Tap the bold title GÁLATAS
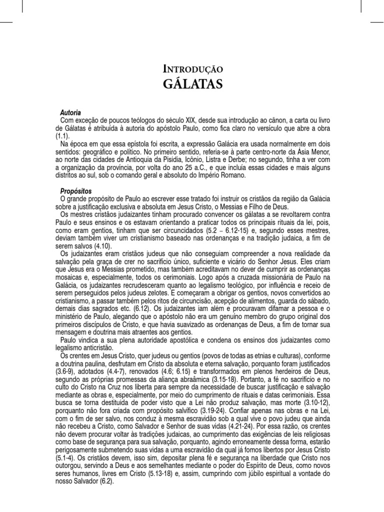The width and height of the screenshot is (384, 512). pyautogui.click(x=192, y=83)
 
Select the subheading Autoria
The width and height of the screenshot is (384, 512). pyautogui.click(x=70, y=113)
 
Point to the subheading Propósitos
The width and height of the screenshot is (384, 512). pyautogui.click(x=76, y=191)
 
